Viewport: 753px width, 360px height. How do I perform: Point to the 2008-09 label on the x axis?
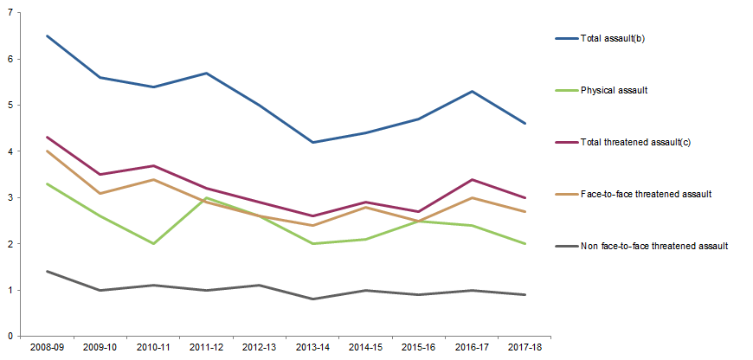tap(46, 346)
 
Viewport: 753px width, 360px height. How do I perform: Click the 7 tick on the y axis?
tap(10, 13)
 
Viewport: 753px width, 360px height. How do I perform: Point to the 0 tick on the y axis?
tap(10, 336)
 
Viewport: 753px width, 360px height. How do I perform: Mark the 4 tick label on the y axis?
tap(10, 151)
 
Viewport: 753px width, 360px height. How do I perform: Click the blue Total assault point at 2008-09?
tap(46, 36)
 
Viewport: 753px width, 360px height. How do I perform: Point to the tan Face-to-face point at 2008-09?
tap(46, 151)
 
